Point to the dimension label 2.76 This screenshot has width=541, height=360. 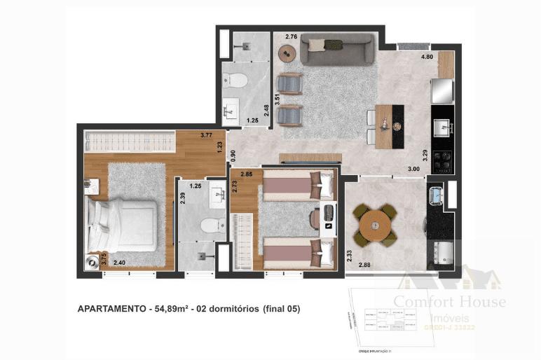coord(291,36)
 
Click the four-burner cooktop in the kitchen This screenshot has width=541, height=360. coord(444,161)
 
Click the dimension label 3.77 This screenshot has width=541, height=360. coord(207,134)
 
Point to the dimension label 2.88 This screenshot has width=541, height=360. coord(365,265)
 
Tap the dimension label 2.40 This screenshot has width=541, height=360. coord(120,263)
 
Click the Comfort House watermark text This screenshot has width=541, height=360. coord(449,303)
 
